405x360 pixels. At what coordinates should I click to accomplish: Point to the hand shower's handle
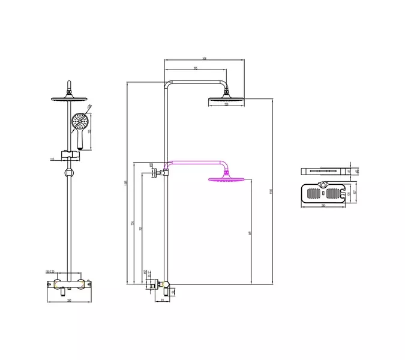tap(78, 140)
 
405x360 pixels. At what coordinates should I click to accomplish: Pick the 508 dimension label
tap(205, 58)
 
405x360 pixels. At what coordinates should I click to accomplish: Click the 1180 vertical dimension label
tap(271, 191)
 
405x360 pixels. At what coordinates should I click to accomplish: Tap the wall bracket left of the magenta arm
tap(155, 175)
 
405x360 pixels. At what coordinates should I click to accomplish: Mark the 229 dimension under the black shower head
tap(226, 104)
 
